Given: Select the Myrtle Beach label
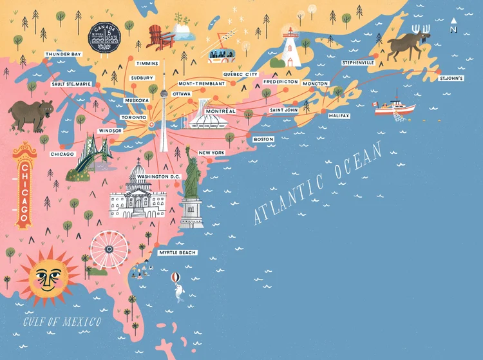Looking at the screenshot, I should pos(177,252).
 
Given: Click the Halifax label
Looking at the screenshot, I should pos(339,115).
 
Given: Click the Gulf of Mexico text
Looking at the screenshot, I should pos(62,322).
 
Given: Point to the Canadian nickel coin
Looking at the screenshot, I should pos(104,37).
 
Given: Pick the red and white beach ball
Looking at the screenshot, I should pos(175,279).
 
